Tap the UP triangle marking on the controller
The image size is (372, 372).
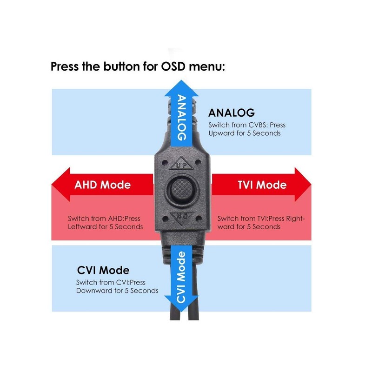[180, 164]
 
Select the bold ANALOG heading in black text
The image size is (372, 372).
[231, 113]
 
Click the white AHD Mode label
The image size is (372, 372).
[102, 185]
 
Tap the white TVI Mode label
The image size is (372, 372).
[262, 185]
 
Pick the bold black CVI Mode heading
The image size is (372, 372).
[103, 270]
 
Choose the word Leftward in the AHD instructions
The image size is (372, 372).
[84, 227]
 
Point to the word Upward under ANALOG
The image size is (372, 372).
[221, 134]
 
